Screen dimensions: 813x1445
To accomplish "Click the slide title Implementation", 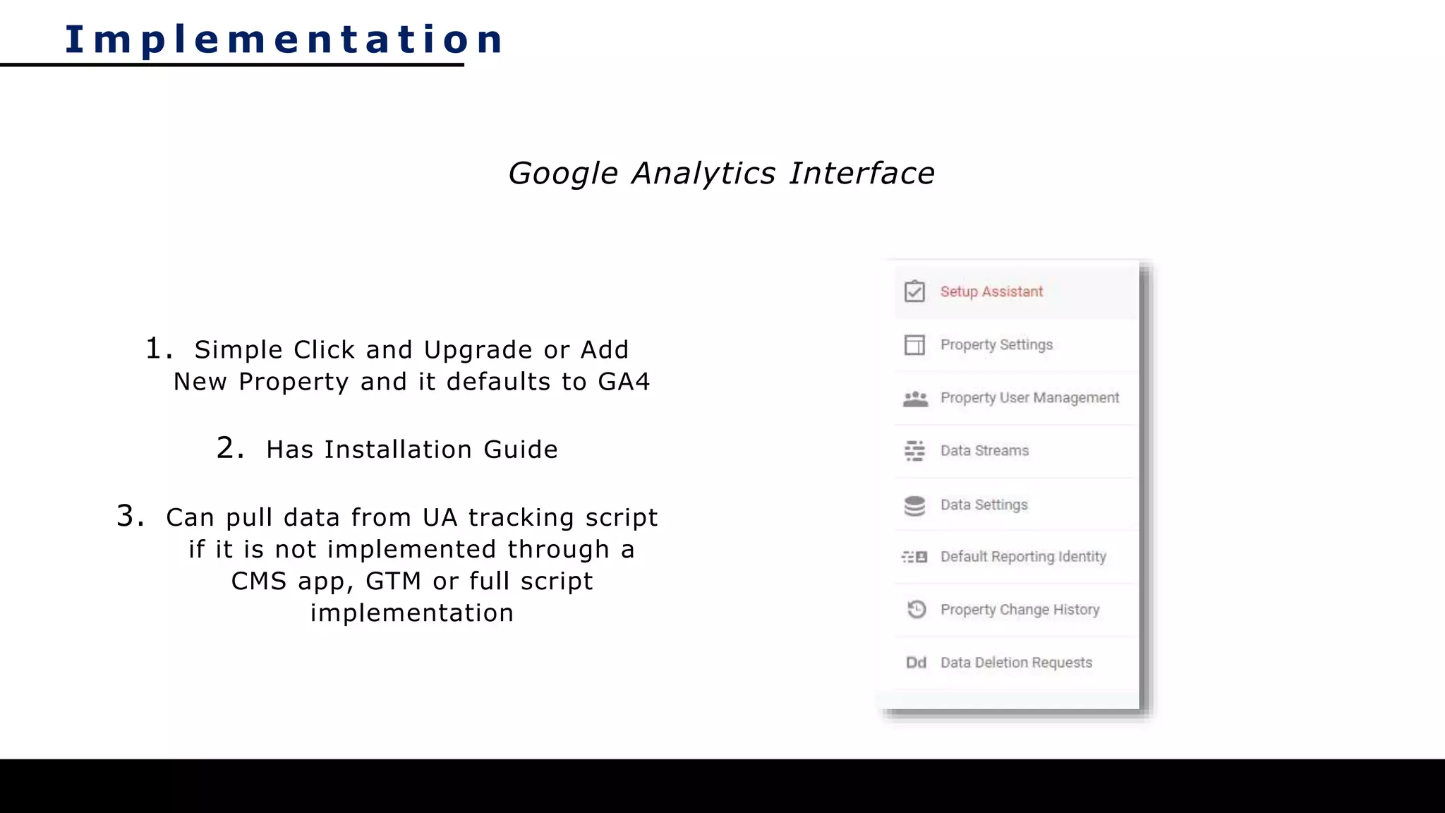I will click(x=284, y=39).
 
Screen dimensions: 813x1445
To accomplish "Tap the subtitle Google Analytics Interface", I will click(x=721, y=174).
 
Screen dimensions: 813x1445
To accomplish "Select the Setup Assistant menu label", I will click(x=991, y=291).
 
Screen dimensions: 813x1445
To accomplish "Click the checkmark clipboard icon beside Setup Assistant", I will click(x=914, y=291).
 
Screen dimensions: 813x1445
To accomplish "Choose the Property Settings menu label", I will click(x=996, y=344).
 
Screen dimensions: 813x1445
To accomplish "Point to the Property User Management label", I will click(x=1029, y=398).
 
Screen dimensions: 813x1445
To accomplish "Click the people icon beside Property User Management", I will click(x=915, y=399).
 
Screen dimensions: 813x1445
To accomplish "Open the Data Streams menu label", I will click(x=984, y=451).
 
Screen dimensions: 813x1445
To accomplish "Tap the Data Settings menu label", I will click(x=984, y=505).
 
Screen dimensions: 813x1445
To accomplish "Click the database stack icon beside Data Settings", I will click(x=914, y=505).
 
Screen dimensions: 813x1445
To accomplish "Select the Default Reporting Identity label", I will click(x=1023, y=557).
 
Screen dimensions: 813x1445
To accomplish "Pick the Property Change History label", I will click(x=1020, y=610).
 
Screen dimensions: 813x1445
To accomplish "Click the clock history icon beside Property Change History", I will click(x=916, y=609).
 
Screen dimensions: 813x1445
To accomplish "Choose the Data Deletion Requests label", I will click(x=1016, y=663).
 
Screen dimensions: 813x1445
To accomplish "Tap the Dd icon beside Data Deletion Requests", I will click(x=916, y=663).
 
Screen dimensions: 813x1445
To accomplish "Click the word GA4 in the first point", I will click(x=624, y=382).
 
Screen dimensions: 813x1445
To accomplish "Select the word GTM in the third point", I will click(x=393, y=582).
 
